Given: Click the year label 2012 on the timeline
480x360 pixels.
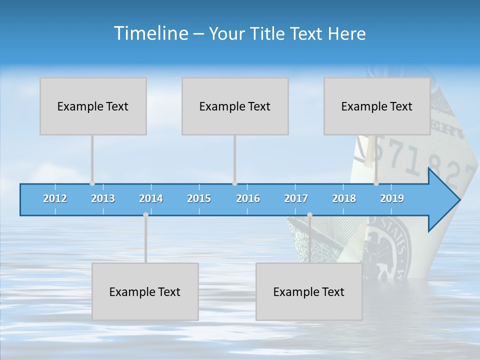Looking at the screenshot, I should [55, 198].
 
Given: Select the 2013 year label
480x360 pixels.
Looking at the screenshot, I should [103, 198].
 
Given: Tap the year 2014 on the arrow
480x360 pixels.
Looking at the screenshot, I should [151, 198].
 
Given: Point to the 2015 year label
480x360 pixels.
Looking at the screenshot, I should [199, 198].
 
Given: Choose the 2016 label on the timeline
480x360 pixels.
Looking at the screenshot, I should [248, 198].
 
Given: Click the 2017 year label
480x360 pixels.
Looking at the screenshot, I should [296, 198].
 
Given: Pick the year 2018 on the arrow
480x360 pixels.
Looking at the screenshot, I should [344, 198].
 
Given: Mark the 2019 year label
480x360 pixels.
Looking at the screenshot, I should [392, 198].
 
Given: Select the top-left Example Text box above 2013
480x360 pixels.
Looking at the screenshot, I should [93, 106].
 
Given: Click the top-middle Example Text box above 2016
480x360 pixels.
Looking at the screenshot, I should [235, 106].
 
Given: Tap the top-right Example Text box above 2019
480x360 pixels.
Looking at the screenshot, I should [377, 106].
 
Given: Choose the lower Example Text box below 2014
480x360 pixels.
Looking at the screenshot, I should [145, 291].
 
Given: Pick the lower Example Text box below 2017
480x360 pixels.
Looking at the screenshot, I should [309, 291].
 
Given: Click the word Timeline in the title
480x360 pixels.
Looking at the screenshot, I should [150, 33].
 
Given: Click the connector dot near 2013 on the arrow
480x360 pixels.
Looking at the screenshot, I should [92, 183].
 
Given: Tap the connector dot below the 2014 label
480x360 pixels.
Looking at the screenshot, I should [146, 215].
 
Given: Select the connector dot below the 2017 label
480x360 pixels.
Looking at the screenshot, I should [309, 215].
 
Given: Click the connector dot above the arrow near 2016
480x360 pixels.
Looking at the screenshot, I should [234, 183].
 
